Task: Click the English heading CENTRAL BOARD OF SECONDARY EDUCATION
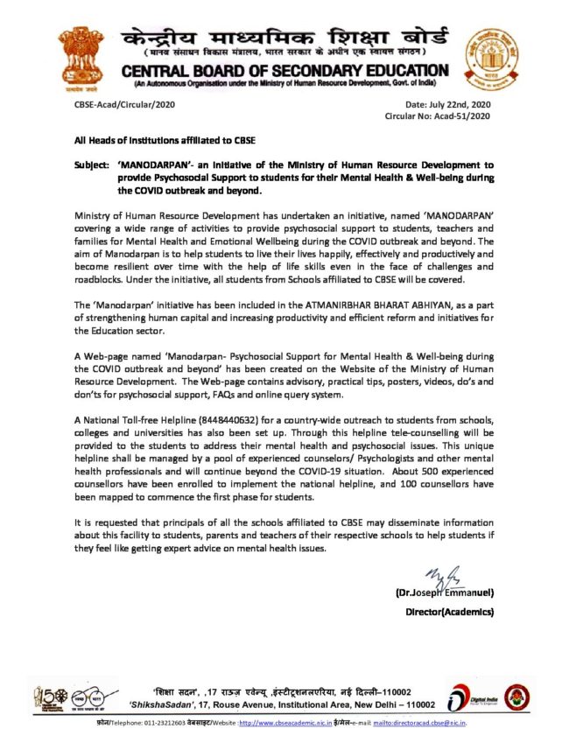292,70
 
